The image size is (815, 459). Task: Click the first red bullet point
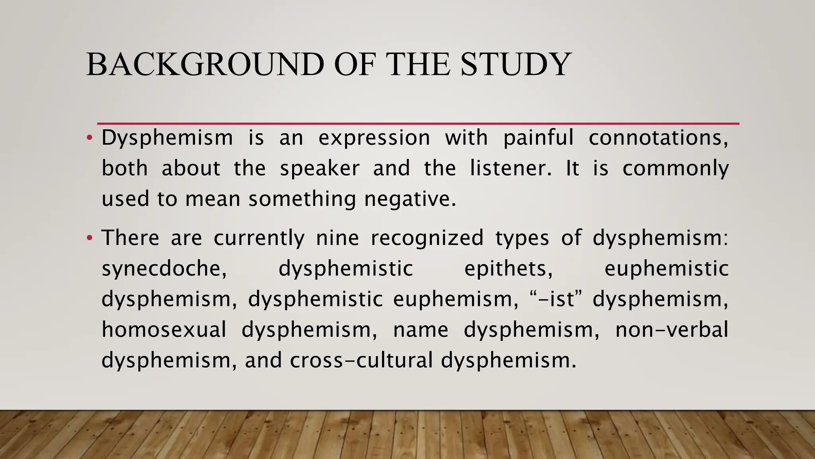click(90, 138)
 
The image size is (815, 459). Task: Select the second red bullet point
click(90, 238)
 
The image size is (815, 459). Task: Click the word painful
click(538, 138)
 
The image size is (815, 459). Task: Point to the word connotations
click(659, 138)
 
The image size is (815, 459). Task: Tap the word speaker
click(320, 169)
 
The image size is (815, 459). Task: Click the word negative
click(410, 199)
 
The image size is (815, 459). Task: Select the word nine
click(337, 238)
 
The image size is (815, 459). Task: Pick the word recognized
click(427, 238)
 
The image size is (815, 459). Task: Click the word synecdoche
click(164, 269)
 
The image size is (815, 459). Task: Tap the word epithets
click(509, 269)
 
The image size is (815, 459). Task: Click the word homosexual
click(164, 330)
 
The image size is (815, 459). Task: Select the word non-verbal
click(672, 330)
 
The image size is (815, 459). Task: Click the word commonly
click(675, 169)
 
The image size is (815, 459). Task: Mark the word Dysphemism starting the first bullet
click(167, 138)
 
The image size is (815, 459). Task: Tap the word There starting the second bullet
click(131, 238)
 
